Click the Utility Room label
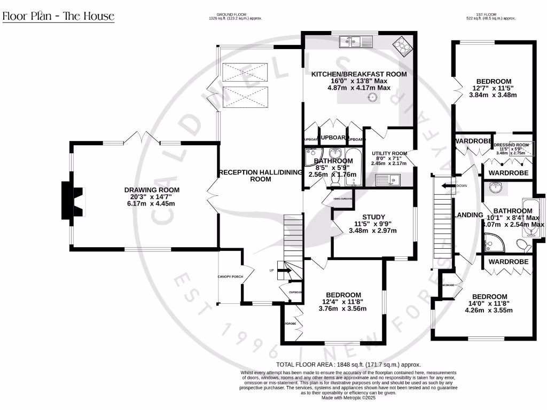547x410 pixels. (389, 153)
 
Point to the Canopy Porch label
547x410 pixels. (230, 277)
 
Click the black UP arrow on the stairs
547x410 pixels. (283, 271)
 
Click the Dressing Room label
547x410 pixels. (511, 145)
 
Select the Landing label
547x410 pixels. (468, 215)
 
